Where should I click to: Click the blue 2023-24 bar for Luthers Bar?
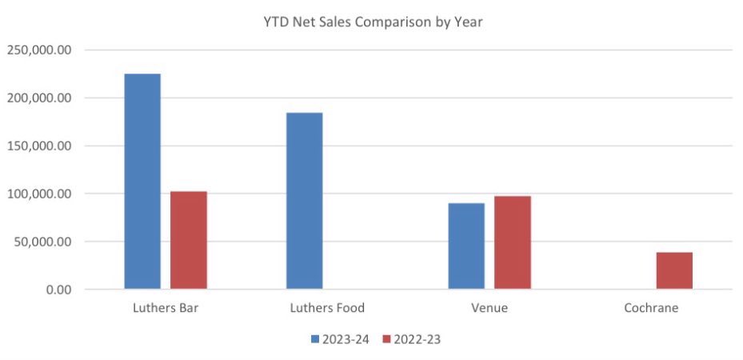coord(142,181)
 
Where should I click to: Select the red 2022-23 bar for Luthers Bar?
coord(189,240)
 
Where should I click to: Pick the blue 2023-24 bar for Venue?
coord(466,246)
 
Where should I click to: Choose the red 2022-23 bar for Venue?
coord(513,242)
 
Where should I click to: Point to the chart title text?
coord(373,22)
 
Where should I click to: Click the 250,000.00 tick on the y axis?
coord(40,50)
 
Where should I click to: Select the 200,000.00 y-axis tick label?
coord(40,98)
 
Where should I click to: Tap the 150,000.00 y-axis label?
coord(40,146)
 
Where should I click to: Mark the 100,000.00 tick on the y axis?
coord(40,194)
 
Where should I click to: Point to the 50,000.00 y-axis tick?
coord(43,242)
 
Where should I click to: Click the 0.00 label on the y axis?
coord(59,290)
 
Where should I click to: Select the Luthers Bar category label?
coord(166,308)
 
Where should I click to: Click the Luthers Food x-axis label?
coord(327,308)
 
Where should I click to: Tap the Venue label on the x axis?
coord(489,308)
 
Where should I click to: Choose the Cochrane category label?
coord(651,308)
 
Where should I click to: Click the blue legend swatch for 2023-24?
coord(315,339)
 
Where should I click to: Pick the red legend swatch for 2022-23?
coord(387,339)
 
